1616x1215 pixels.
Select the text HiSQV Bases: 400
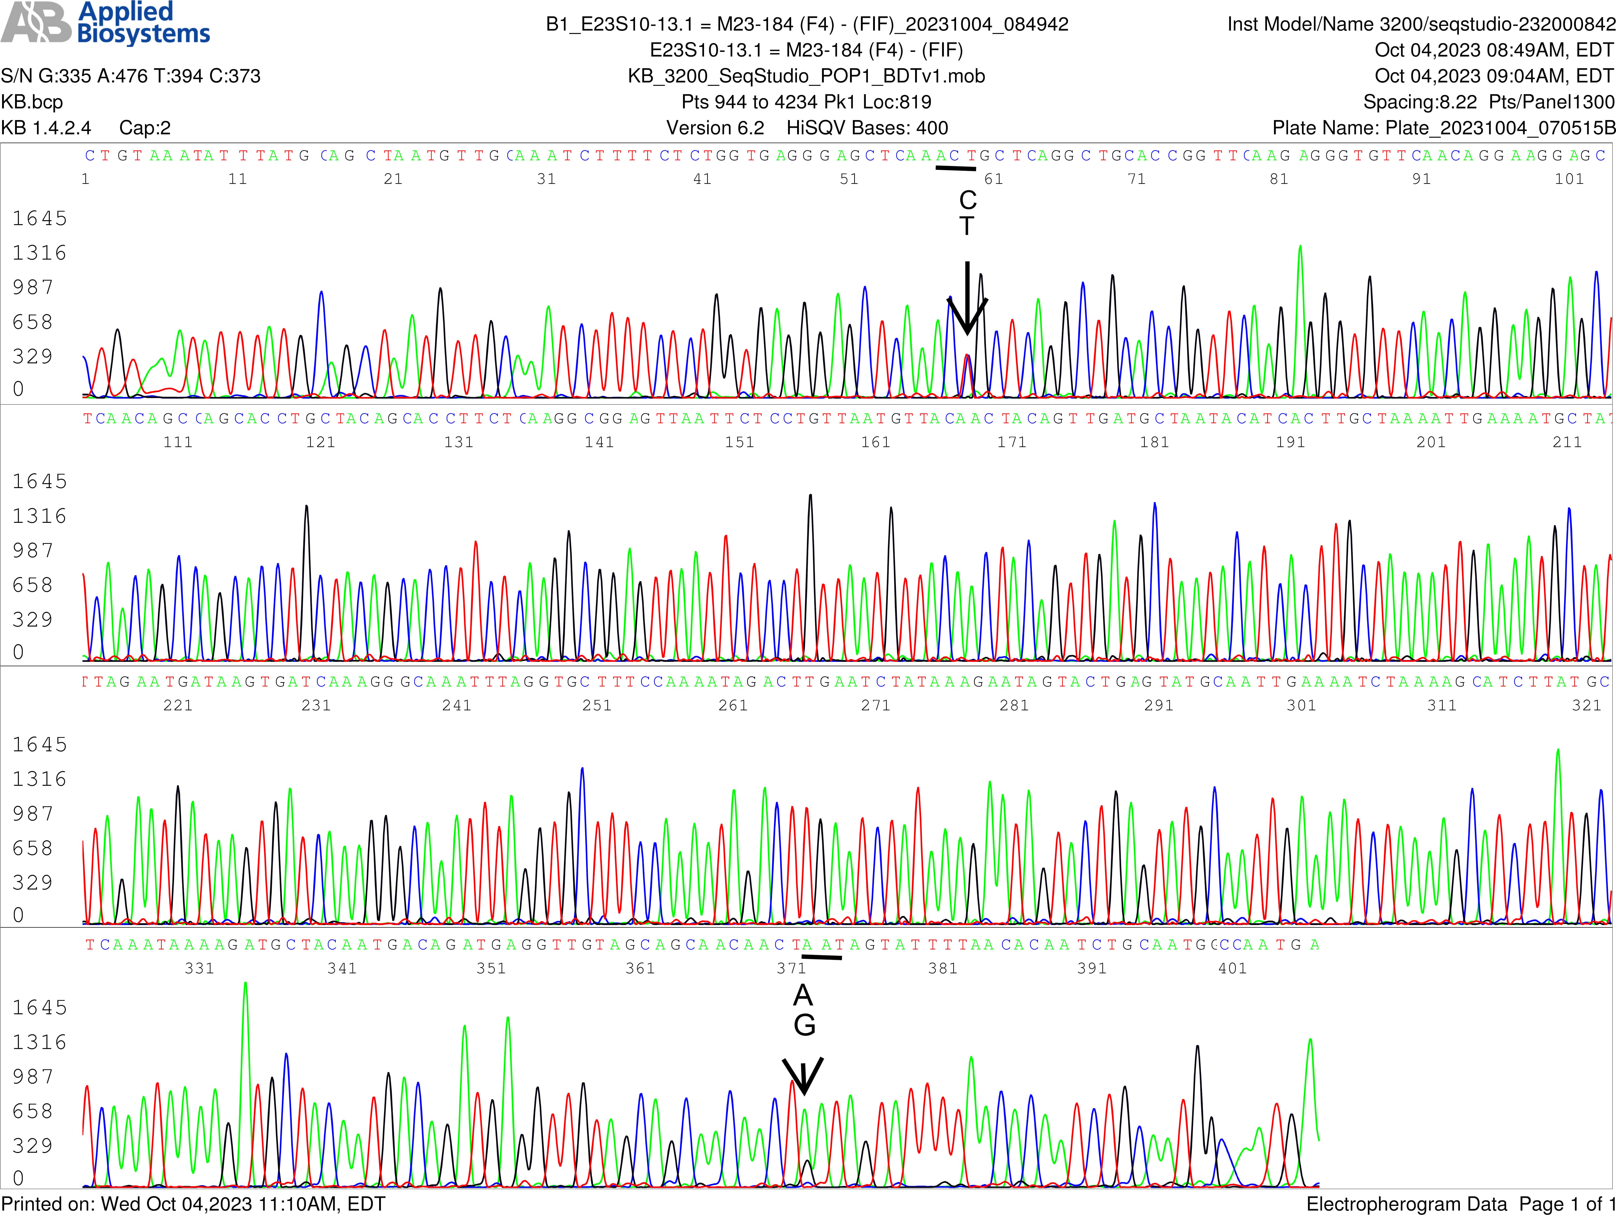[x=867, y=128]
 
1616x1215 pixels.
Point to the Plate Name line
[x=1443, y=128]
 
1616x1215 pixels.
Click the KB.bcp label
[x=32, y=102]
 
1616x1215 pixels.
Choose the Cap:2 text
[x=145, y=128]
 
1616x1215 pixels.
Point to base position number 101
[x=1569, y=179]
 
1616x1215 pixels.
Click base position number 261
[x=733, y=705]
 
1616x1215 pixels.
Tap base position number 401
[x=1232, y=968]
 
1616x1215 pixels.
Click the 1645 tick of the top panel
[x=39, y=218]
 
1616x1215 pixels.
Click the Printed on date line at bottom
[x=193, y=1203]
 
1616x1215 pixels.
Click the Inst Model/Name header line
[x=1420, y=24]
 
